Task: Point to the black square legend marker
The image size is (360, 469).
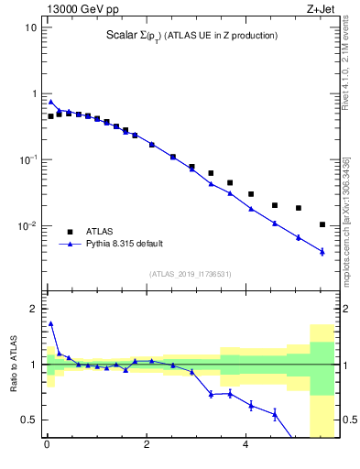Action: point(70,232)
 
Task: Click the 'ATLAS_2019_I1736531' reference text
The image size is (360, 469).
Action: point(191,274)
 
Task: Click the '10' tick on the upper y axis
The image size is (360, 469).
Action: point(30,27)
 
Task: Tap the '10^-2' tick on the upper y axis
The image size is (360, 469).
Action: point(27,226)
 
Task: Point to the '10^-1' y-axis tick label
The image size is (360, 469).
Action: point(27,159)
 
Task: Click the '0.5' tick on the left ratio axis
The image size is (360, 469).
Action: point(28,420)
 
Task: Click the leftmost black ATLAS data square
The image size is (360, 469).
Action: point(50,116)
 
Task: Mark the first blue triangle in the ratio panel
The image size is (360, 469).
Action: point(50,323)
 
